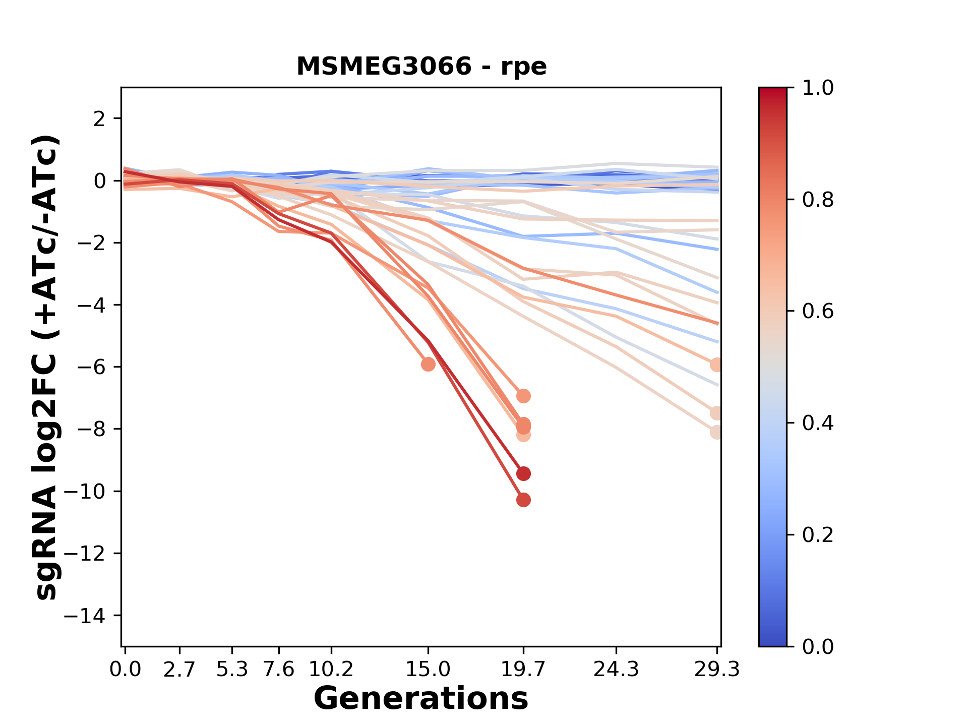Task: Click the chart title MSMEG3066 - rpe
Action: click(x=421, y=67)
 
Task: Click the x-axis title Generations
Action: click(x=421, y=698)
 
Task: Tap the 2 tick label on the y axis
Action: click(x=99, y=119)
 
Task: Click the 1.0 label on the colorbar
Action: click(x=818, y=88)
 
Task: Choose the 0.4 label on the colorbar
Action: click(x=818, y=423)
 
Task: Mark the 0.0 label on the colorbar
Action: click(x=818, y=646)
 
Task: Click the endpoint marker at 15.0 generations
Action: click(x=428, y=364)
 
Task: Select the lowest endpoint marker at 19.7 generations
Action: click(x=523, y=500)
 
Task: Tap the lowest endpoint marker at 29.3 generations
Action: click(x=716, y=432)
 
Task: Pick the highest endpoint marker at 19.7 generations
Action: click(x=523, y=396)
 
